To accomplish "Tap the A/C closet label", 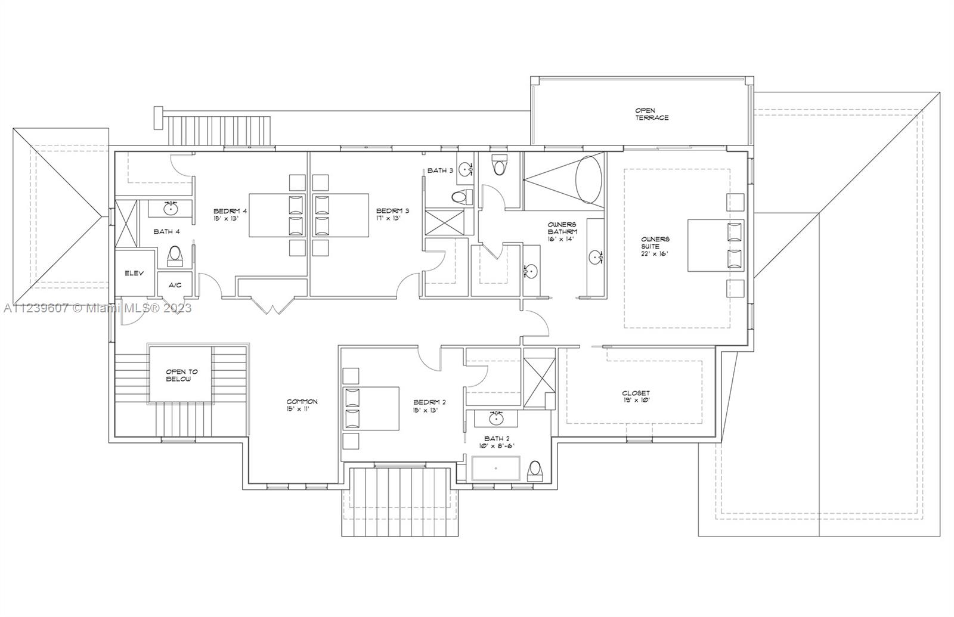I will pyautogui.click(x=175, y=285).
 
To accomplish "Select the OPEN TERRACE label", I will pyautogui.click(x=651, y=114).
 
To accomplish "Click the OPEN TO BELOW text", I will pyautogui.click(x=181, y=375).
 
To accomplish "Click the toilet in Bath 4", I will pyautogui.click(x=175, y=255).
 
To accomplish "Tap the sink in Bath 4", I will pyautogui.click(x=171, y=209).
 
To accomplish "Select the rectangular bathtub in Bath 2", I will pyautogui.click(x=495, y=469).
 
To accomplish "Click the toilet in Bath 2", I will pyautogui.click(x=535, y=470).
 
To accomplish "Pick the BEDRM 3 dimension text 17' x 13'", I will pyautogui.click(x=388, y=218).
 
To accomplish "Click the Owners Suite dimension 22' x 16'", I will pyautogui.click(x=655, y=253).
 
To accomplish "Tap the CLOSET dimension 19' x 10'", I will pyautogui.click(x=636, y=401).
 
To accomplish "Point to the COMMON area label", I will pyautogui.click(x=302, y=402).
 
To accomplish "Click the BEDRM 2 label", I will pyautogui.click(x=429, y=402).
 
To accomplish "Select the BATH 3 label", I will pyautogui.click(x=440, y=170).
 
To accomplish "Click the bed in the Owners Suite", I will pyautogui.click(x=715, y=246).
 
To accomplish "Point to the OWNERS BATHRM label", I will pyautogui.click(x=562, y=228).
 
